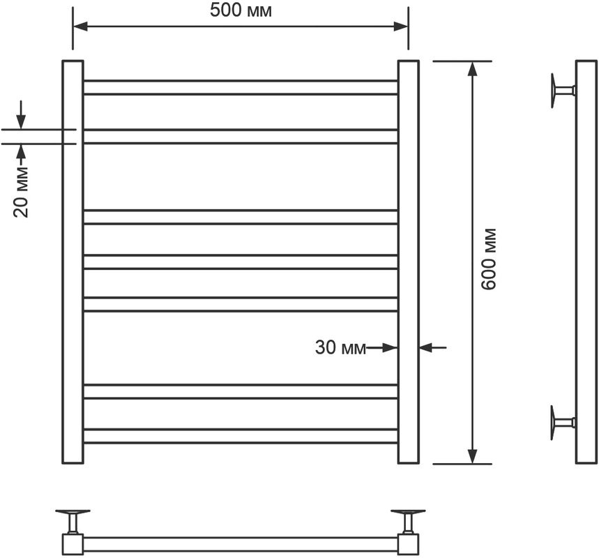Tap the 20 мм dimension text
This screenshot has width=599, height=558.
click(22, 192)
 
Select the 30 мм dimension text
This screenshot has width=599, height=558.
click(340, 347)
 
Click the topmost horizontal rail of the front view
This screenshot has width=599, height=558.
click(241, 87)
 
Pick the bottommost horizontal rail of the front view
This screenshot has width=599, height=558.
click(241, 436)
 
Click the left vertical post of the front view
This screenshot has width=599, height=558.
click(73, 262)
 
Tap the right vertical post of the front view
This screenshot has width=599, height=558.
click(408, 262)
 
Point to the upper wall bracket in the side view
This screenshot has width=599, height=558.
click(561, 89)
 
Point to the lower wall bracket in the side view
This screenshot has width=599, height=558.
click(561, 421)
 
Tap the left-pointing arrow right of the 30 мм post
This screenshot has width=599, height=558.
click(426, 347)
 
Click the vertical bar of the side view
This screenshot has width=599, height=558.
click(585, 262)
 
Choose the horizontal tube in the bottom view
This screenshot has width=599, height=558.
click(241, 543)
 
